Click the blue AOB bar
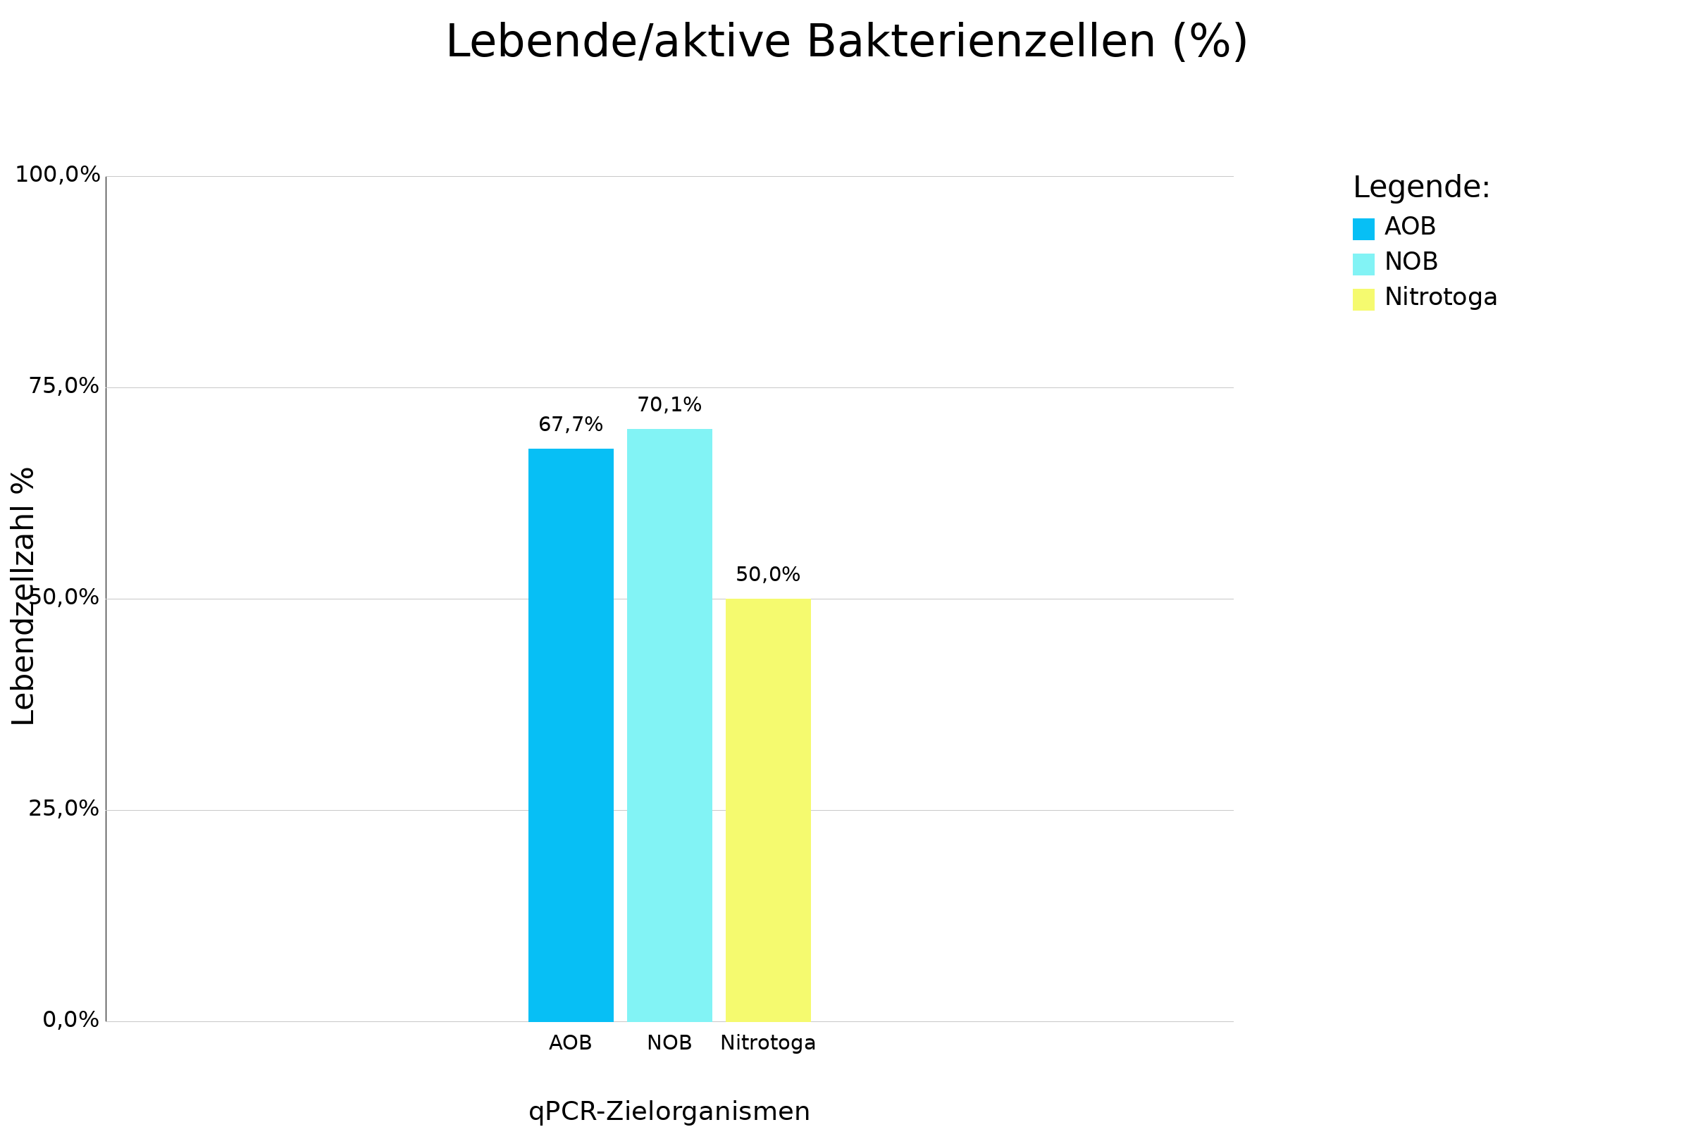(571, 735)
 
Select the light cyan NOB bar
(669, 725)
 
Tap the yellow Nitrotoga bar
(768, 810)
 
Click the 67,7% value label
(571, 425)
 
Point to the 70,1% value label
(669, 406)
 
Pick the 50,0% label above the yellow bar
(768, 575)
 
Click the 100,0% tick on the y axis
(58, 175)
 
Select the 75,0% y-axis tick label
(63, 387)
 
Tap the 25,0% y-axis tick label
(63, 809)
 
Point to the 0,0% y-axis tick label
(70, 1020)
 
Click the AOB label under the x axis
(570, 1043)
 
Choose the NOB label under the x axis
(669, 1043)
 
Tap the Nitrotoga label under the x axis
(768, 1043)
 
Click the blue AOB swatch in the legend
(1363, 230)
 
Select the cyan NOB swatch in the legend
(1363, 265)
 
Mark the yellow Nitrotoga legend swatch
(1363, 300)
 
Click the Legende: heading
(1421, 188)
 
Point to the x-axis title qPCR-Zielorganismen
(669, 1112)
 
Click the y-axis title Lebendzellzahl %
(23, 597)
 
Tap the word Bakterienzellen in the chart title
(981, 42)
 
